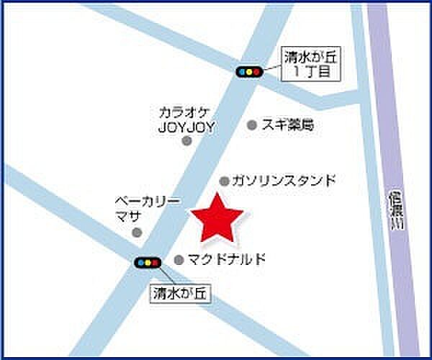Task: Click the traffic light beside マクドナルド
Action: [147, 263]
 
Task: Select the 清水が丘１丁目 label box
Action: [312, 62]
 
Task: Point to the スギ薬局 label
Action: [288, 125]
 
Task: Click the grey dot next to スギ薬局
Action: [252, 125]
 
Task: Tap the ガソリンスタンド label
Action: [284, 181]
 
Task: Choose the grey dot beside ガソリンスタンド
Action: [225, 181]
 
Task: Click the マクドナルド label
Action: [227, 259]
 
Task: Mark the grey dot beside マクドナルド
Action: [179, 259]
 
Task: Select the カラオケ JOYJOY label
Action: [186, 119]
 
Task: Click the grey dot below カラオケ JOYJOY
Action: [186, 141]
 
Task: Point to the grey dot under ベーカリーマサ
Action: [137, 232]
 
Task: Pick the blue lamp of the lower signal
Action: [140, 263]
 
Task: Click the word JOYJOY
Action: [186, 126]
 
